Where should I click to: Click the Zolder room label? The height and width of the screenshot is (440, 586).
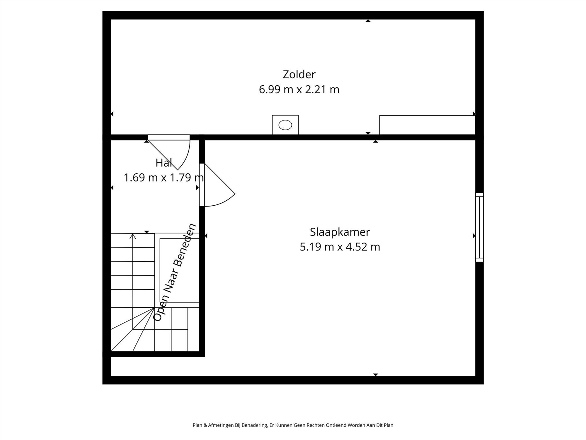299,75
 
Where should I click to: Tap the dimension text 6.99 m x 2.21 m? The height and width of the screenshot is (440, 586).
299,89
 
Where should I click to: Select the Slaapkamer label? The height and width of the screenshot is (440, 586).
340,232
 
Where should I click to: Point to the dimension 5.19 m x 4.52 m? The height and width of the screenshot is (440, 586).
340,247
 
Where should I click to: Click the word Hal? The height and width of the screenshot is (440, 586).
163,163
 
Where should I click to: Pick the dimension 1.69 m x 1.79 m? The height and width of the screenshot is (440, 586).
163,178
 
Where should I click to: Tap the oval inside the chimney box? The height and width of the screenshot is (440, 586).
285,125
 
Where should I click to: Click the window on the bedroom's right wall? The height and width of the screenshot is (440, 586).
479,227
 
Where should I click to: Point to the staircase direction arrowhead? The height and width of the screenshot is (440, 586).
133,236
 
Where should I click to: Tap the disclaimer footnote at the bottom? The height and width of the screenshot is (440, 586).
293,425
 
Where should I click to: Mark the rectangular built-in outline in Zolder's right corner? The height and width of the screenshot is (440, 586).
427,125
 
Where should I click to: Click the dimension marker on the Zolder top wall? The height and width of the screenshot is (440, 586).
368,21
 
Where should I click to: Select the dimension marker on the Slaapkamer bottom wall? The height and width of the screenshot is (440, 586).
376,375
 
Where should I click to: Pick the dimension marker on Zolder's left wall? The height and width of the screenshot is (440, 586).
112,114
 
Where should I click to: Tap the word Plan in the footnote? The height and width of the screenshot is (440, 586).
197,425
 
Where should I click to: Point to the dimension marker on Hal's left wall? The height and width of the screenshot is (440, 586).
112,188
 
